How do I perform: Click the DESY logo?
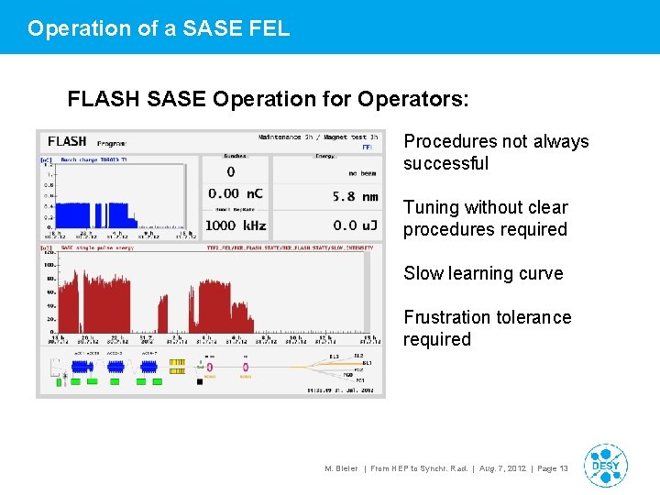605,466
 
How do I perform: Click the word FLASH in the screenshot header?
67,141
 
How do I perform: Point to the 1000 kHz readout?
235,225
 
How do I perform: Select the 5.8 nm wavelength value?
356,196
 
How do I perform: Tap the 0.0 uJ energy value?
357,225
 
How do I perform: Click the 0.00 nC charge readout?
236,193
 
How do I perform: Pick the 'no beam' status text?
363,172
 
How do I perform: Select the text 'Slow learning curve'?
483,273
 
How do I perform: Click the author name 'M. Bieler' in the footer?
341,468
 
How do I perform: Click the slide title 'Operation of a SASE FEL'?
159,28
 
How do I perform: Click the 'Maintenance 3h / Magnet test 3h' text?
317,137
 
